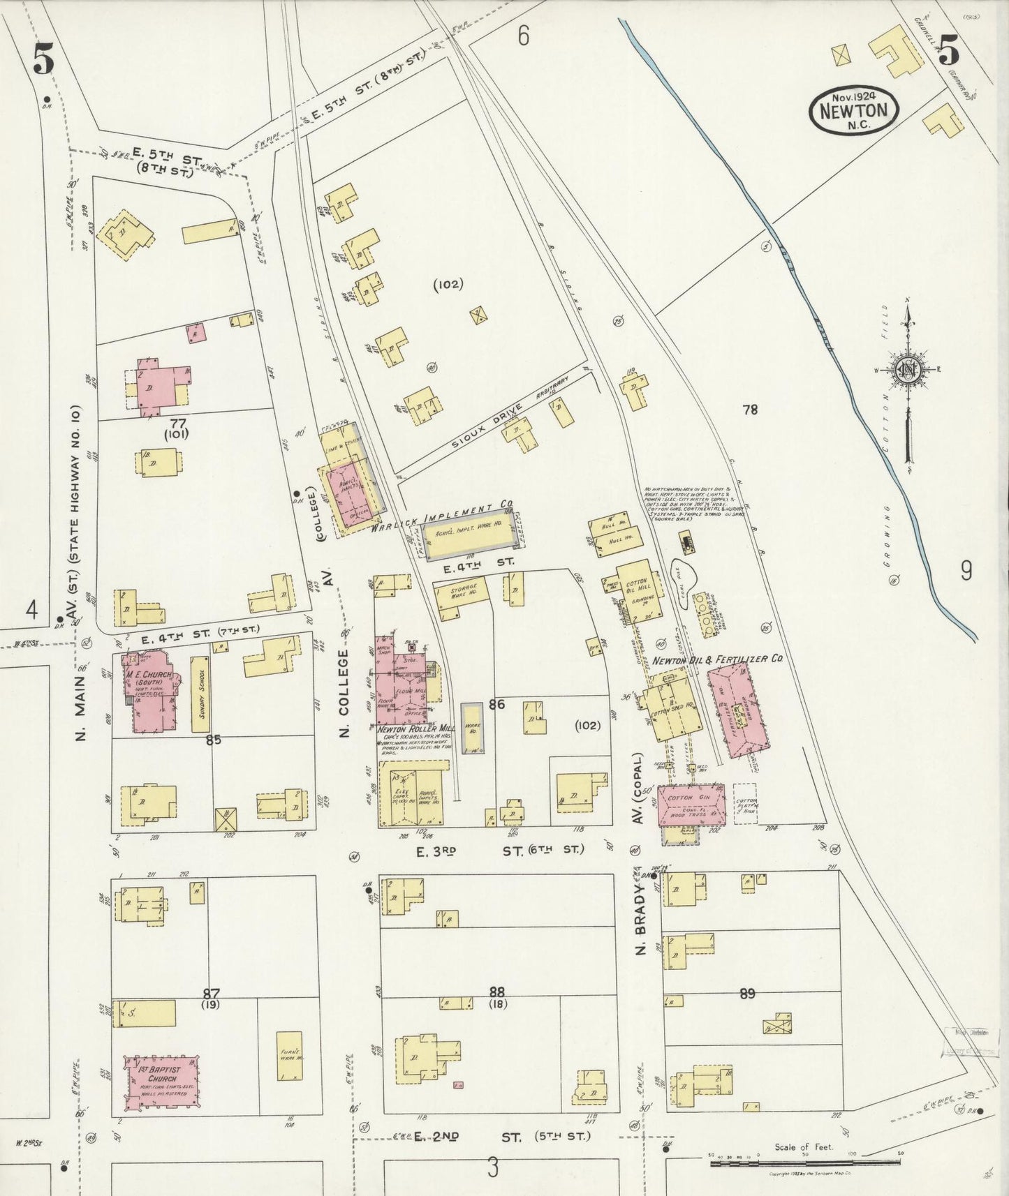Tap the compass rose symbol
click(907, 370)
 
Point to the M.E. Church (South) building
click(149, 689)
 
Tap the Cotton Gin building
click(691, 804)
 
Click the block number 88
click(496, 992)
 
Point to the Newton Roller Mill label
click(415, 730)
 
